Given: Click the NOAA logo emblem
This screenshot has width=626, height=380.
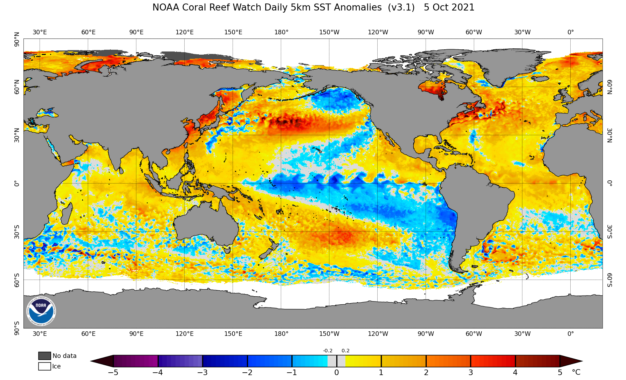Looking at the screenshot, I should (x=41, y=311).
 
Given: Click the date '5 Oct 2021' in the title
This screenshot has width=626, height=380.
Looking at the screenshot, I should (x=449, y=7).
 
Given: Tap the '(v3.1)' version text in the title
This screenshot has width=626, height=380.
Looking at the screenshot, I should (x=401, y=7).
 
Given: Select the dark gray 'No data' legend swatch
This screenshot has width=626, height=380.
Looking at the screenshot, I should (x=44, y=356).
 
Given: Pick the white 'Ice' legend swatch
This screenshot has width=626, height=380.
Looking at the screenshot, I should (x=44, y=366).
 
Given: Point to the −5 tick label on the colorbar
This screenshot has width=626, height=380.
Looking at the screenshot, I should (x=113, y=373).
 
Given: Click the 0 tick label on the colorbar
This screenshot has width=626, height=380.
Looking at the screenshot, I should (x=337, y=373).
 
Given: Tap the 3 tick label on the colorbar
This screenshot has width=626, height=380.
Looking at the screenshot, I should (x=471, y=373).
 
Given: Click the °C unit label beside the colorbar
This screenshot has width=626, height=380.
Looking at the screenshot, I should (x=576, y=372).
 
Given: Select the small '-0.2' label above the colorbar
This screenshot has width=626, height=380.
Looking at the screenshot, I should (x=328, y=351).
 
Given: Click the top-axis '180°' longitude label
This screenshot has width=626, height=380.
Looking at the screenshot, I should (x=281, y=32).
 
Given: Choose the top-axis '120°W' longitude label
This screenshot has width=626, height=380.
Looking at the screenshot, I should (x=378, y=32).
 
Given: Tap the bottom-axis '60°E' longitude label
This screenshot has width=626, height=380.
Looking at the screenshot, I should (x=88, y=334).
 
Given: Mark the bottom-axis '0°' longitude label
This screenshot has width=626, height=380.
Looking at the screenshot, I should (x=571, y=334).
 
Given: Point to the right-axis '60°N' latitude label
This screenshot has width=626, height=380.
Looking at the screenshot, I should (x=610, y=87).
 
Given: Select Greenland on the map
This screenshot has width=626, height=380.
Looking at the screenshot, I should (x=504, y=65).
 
